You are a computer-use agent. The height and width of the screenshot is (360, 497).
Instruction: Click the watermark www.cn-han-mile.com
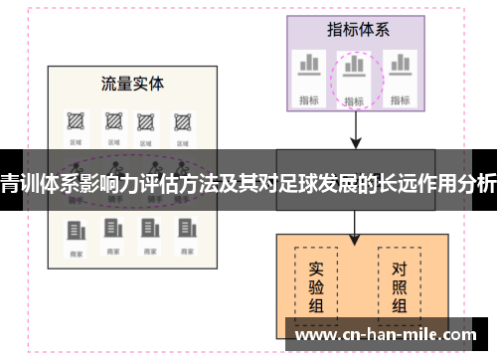click(x=390, y=336)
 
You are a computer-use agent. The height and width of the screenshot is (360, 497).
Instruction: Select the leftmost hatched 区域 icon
click(x=76, y=121)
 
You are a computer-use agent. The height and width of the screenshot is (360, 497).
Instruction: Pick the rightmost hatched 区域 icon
click(x=182, y=121)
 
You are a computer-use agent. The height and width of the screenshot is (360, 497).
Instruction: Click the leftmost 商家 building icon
click(x=76, y=232)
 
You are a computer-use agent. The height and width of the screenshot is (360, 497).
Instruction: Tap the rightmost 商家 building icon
click(x=182, y=232)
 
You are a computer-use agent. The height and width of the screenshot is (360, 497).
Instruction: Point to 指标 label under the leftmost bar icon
click(x=309, y=99)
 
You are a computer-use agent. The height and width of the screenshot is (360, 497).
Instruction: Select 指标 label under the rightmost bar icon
click(x=400, y=99)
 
